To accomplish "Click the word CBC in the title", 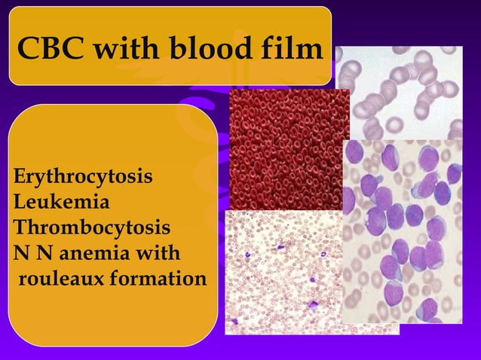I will pyautogui.click(x=46, y=50).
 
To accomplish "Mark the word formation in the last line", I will pyautogui.click(x=158, y=279).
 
